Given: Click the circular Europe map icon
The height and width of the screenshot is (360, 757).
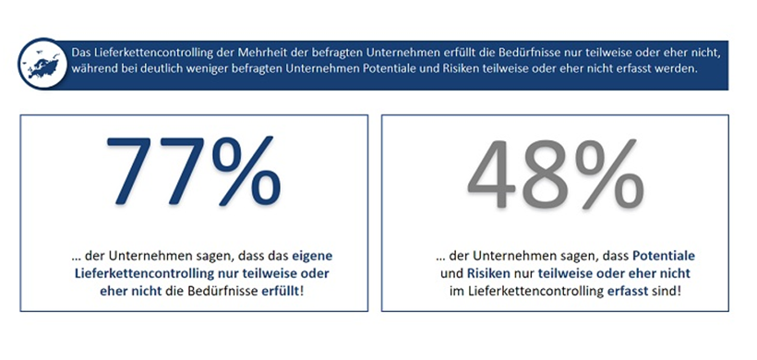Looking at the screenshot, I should point(43,61).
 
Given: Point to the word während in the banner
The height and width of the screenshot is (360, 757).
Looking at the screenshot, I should point(96,70).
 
